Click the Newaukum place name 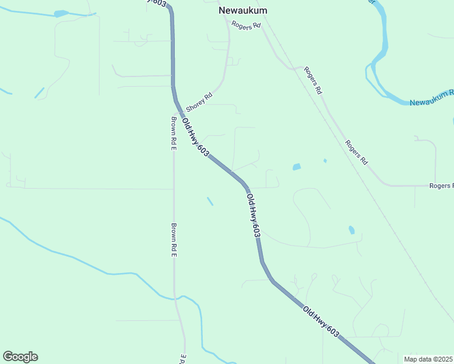pyautogui.click(x=243, y=11)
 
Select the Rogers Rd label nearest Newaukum pyautogui.click(x=246, y=25)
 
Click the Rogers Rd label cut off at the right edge pyautogui.click(x=441, y=186)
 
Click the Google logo pyautogui.click(x=20, y=357)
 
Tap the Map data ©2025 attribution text pyautogui.click(x=429, y=359)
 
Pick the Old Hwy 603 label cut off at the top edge pyautogui.click(x=157, y=3)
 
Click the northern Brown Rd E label pyautogui.click(x=174, y=133)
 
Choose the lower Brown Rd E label pyautogui.click(x=174, y=241)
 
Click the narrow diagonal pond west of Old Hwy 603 pyautogui.click(x=210, y=201)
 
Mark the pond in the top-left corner pyautogui.click(x=61, y=13)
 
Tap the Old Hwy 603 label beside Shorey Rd pyautogui.click(x=195, y=139)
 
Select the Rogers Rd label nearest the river pyautogui.click(x=313, y=80)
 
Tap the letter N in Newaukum pyautogui.click(x=223, y=11)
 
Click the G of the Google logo pyautogui.click(x=8, y=357)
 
